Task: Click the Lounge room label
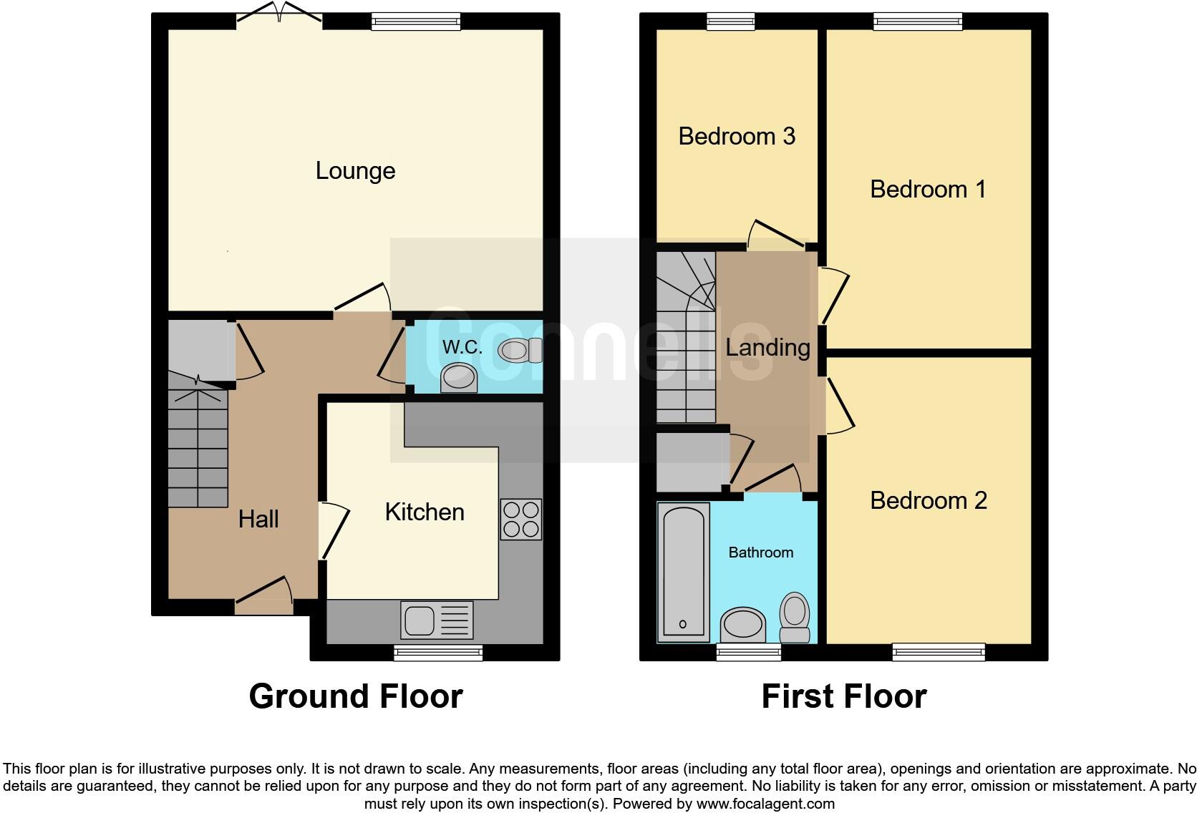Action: pyautogui.click(x=355, y=171)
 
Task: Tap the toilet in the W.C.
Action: pyautogui.click(x=520, y=351)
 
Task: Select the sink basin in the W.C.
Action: pyautogui.click(x=459, y=377)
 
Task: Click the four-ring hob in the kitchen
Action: pyautogui.click(x=520, y=520)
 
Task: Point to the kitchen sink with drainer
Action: pyautogui.click(x=437, y=620)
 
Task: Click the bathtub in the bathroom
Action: pyautogui.click(x=683, y=570)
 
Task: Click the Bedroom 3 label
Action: pyautogui.click(x=737, y=136)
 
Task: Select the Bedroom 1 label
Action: pyautogui.click(x=928, y=190)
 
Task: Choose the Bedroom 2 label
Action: pyautogui.click(x=928, y=500)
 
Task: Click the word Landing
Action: pyautogui.click(x=767, y=348)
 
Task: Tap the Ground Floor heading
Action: pyautogui.click(x=356, y=696)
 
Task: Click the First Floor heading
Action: pyautogui.click(x=843, y=696)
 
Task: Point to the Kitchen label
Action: pyautogui.click(x=425, y=512)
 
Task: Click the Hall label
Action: pyautogui.click(x=258, y=519)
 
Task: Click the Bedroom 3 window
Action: pyautogui.click(x=730, y=22)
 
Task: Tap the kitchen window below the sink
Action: pyautogui.click(x=437, y=652)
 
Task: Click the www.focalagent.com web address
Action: pyautogui.click(x=765, y=804)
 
